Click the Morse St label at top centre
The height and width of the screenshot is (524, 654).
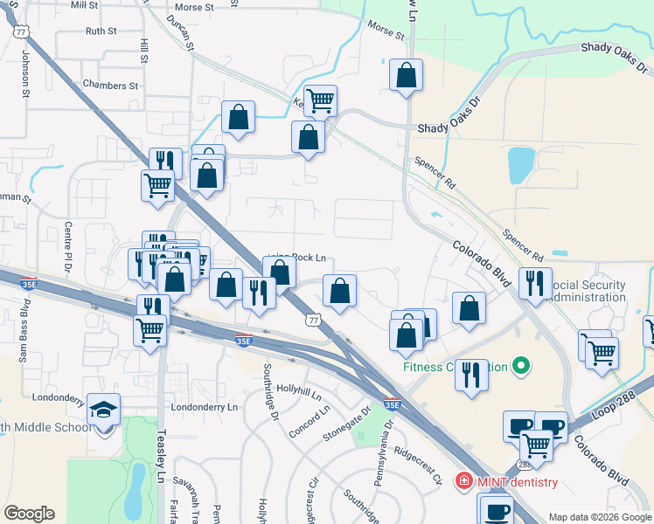pos(194,7)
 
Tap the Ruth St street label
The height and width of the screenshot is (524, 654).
pos(101,31)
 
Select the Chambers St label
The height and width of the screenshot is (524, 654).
pos(110,86)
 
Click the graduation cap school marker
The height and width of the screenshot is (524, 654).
pos(104,410)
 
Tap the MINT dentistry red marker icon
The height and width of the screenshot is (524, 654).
pos(463,481)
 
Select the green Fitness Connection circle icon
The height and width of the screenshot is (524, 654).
pos(522,366)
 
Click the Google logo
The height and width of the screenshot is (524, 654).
pos(29,514)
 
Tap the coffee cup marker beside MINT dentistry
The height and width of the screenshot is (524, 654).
pos(497,510)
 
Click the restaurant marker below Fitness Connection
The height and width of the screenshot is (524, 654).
pos(472,376)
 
